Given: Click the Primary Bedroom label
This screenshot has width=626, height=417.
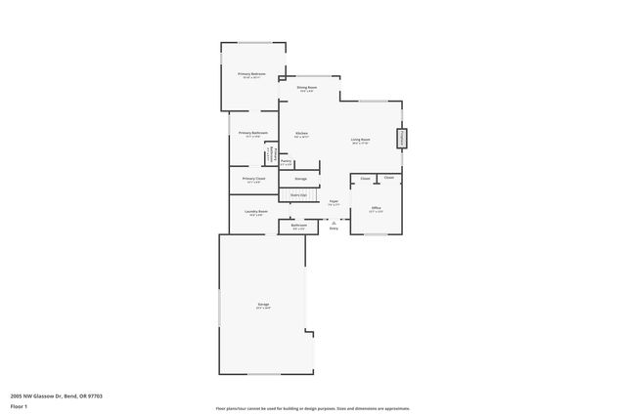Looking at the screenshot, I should point(252,74).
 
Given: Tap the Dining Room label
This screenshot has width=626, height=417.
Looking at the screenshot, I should point(307,88).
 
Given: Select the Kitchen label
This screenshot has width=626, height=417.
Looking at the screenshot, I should point(302,133).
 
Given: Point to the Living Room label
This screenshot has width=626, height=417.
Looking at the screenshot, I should point(361,140).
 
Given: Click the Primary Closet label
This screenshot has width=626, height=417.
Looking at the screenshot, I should point(253,178).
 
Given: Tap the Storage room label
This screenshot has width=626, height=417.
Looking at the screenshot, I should point(301,179).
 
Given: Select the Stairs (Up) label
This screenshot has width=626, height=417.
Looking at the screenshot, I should point(298,195).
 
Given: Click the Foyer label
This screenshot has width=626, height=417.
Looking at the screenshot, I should point(334,201).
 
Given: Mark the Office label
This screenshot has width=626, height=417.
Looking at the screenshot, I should point(376,207).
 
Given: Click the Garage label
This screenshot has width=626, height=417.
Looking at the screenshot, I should point(264,305).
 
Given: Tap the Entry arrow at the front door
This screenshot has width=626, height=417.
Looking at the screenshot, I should point(334,222).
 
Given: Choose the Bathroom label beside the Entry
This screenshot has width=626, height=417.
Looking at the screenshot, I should point(298,226).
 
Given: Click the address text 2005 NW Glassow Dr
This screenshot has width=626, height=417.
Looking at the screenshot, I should point(57,396).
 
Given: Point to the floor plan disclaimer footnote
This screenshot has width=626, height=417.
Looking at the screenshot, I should point(313,408).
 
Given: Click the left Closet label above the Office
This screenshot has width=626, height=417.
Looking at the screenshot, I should point(365,179).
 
